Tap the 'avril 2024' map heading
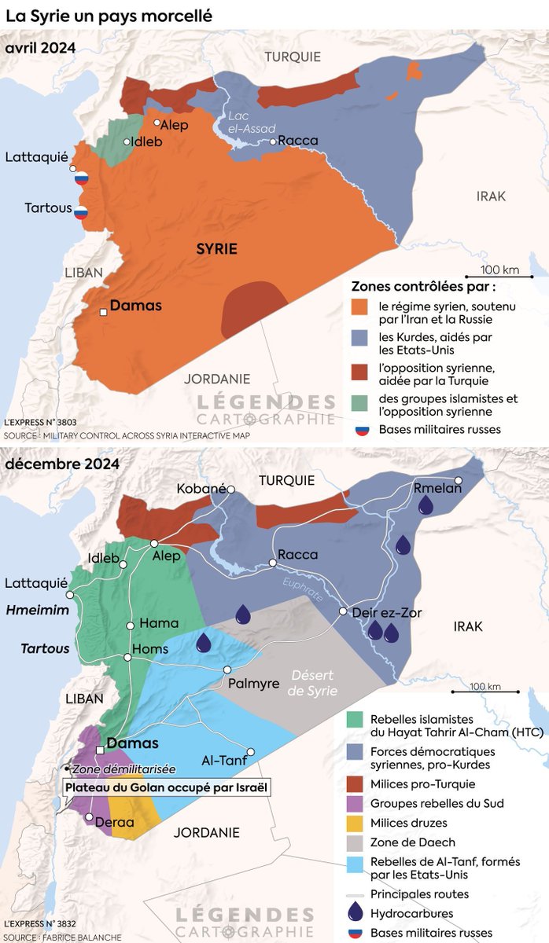click(40, 48)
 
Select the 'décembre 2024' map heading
click(62, 464)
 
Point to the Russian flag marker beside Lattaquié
click(80, 178)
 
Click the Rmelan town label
click(438, 487)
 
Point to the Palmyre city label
click(253, 684)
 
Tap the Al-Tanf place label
click(219, 760)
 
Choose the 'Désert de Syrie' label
click(313, 683)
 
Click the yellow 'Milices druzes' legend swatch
click(355, 823)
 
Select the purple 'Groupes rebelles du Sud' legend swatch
click(355, 803)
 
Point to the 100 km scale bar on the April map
click(500, 277)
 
